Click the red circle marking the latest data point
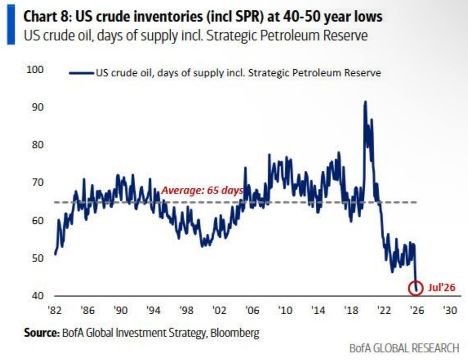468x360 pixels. click(x=409, y=288)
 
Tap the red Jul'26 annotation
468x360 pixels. click(x=442, y=288)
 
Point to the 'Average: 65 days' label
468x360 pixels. click(x=202, y=190)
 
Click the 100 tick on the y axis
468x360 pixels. click(x=35, y=70)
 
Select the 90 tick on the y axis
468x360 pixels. click(x=37, y=107)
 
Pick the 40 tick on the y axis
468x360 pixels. click(x=37, y=296)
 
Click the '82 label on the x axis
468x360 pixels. click(x=55, y=310)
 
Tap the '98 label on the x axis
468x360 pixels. click(x=187, y=310)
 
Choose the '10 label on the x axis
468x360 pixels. click(x=285, y=310)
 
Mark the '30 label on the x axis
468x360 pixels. click(x=450, y=310)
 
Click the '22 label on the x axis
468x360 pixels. click(x=384, y=310)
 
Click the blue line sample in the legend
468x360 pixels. click(x=81, y=73)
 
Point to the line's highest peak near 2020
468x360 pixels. click(x=365, y=102)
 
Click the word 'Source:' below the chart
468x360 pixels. click(x=42, y=333)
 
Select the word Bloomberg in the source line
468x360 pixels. click(x=235, y=333)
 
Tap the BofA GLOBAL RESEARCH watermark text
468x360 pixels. click(x=404, y=348)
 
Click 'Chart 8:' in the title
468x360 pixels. click(x=47, y=17)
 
